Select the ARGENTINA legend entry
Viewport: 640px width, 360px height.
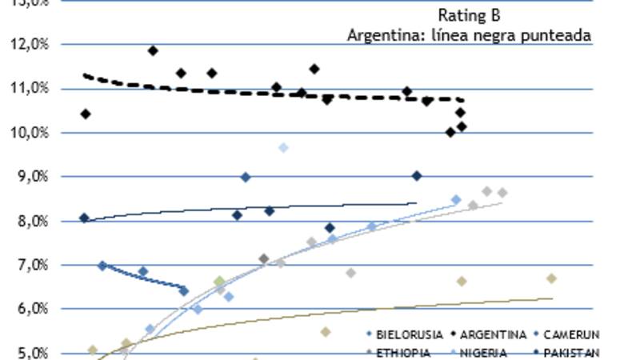coord(493,334)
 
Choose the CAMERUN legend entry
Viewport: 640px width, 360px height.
coord(570,334)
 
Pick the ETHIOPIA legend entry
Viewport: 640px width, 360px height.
coord(402,353)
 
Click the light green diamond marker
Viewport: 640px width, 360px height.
coord(220,282)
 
